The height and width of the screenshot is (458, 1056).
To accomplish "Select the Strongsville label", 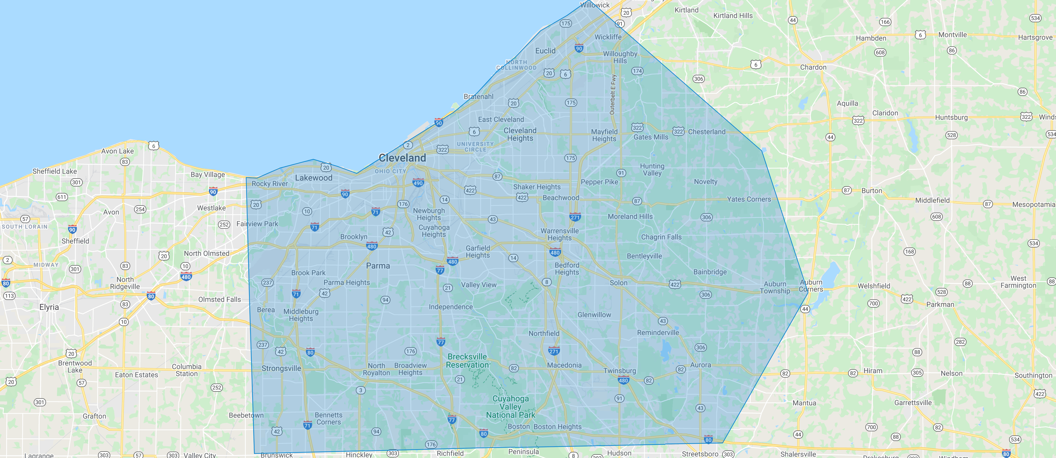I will pyautogui.click(x=281, y=368).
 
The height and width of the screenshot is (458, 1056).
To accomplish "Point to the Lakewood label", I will pyautogui.click(x=314, y=178).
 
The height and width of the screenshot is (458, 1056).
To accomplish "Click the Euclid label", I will pyautogui.click(x=545, y=51).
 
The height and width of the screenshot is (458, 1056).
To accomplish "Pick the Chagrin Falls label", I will pyautogui.click(x=661, y=237).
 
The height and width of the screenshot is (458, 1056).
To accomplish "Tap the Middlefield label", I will pyautogui.click(x=932, y=200).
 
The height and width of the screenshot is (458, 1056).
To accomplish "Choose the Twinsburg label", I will pyautogui.click(x=620, y=371).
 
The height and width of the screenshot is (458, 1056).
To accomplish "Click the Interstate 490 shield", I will pyautogui.click(x=418, y=183).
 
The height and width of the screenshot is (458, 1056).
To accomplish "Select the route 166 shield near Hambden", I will pyautogui.click(x=885, y=22).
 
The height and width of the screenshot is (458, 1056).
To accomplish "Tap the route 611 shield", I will pyautogui.click(x=62, y=197).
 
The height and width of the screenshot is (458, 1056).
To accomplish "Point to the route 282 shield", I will pyautogui.click(x=960, y=342).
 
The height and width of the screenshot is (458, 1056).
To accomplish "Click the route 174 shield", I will pyautogui.click(x=637, y=71).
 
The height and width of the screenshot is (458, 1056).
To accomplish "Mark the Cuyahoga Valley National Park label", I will pyautogui.click(x=510, y=407).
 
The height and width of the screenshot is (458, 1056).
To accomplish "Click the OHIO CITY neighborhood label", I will pyautogui.click(x=390, y=171).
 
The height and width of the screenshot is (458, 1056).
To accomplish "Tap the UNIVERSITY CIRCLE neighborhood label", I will pyautogui.click(x=475, y=147).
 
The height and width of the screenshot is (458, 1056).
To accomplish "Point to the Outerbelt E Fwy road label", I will pyautogui.click(x=613, y=94).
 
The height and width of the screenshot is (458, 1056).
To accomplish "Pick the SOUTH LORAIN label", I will pyautogui.click(x=25, y=227).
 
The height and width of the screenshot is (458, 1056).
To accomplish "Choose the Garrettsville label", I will pyautogui.click(x=913, y=403).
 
